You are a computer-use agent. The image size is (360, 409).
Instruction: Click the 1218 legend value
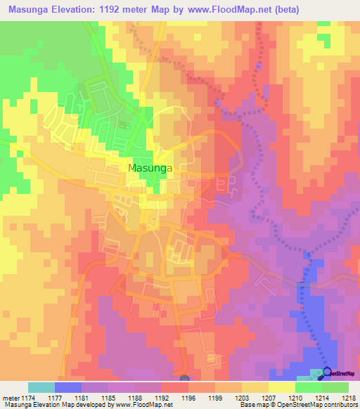pyautogui.click(x=349, y=397)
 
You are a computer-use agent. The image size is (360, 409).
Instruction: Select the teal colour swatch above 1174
pyautogui.click(x=41, y=387)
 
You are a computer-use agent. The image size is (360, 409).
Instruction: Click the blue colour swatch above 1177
pyautogui.click(x=68, y=387)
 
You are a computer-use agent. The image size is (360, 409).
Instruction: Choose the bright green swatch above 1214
pyautogui.click(x=309, y=387)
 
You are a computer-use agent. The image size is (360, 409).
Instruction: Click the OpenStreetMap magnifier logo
pyautogui.click(x=327, y=373)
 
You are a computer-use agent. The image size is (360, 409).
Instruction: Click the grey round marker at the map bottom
pyautogui.click(x=185, y=379)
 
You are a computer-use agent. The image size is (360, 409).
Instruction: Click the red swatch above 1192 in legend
pyautogui.click(x=175, y=387)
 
